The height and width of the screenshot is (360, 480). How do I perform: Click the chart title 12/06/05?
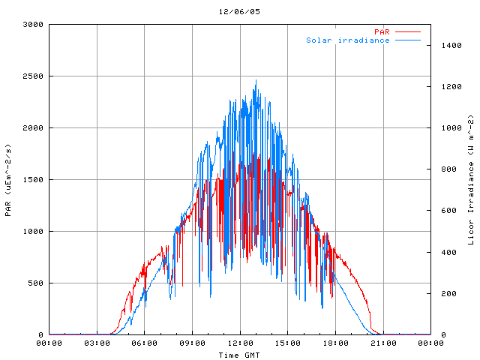[x=239, y=12]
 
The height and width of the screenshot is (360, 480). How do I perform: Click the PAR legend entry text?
[x=382, y=31]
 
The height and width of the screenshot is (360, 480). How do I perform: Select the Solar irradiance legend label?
[x=347, y=40]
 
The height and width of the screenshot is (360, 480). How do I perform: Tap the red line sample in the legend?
[x=407, y=31]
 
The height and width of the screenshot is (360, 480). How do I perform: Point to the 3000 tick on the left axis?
[x=34, y=25]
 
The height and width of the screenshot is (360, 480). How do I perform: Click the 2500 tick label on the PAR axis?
[x=34, y=76]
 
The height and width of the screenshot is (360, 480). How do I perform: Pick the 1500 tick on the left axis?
[x=34, y=180]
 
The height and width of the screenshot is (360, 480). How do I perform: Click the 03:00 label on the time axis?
[x=97, y=343]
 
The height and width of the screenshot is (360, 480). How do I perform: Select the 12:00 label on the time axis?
[x=240, y=343]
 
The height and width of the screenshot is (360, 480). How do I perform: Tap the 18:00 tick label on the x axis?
[x=335, y=343]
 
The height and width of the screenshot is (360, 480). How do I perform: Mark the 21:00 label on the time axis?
[x=383, y=343]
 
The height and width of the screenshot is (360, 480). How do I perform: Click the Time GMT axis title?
[x=239, y=355]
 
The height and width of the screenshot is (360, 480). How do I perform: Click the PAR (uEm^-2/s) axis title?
[x=8, y=179]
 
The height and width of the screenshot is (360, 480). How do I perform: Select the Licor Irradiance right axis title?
[x=471, y=180]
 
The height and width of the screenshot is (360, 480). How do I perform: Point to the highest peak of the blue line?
[x=256, y=81]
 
